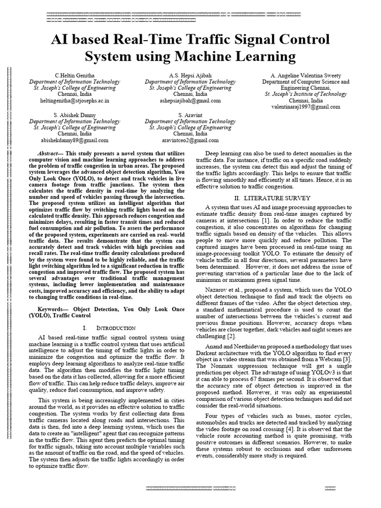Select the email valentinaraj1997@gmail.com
pos(306,107)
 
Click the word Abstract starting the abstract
pos(50,154)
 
